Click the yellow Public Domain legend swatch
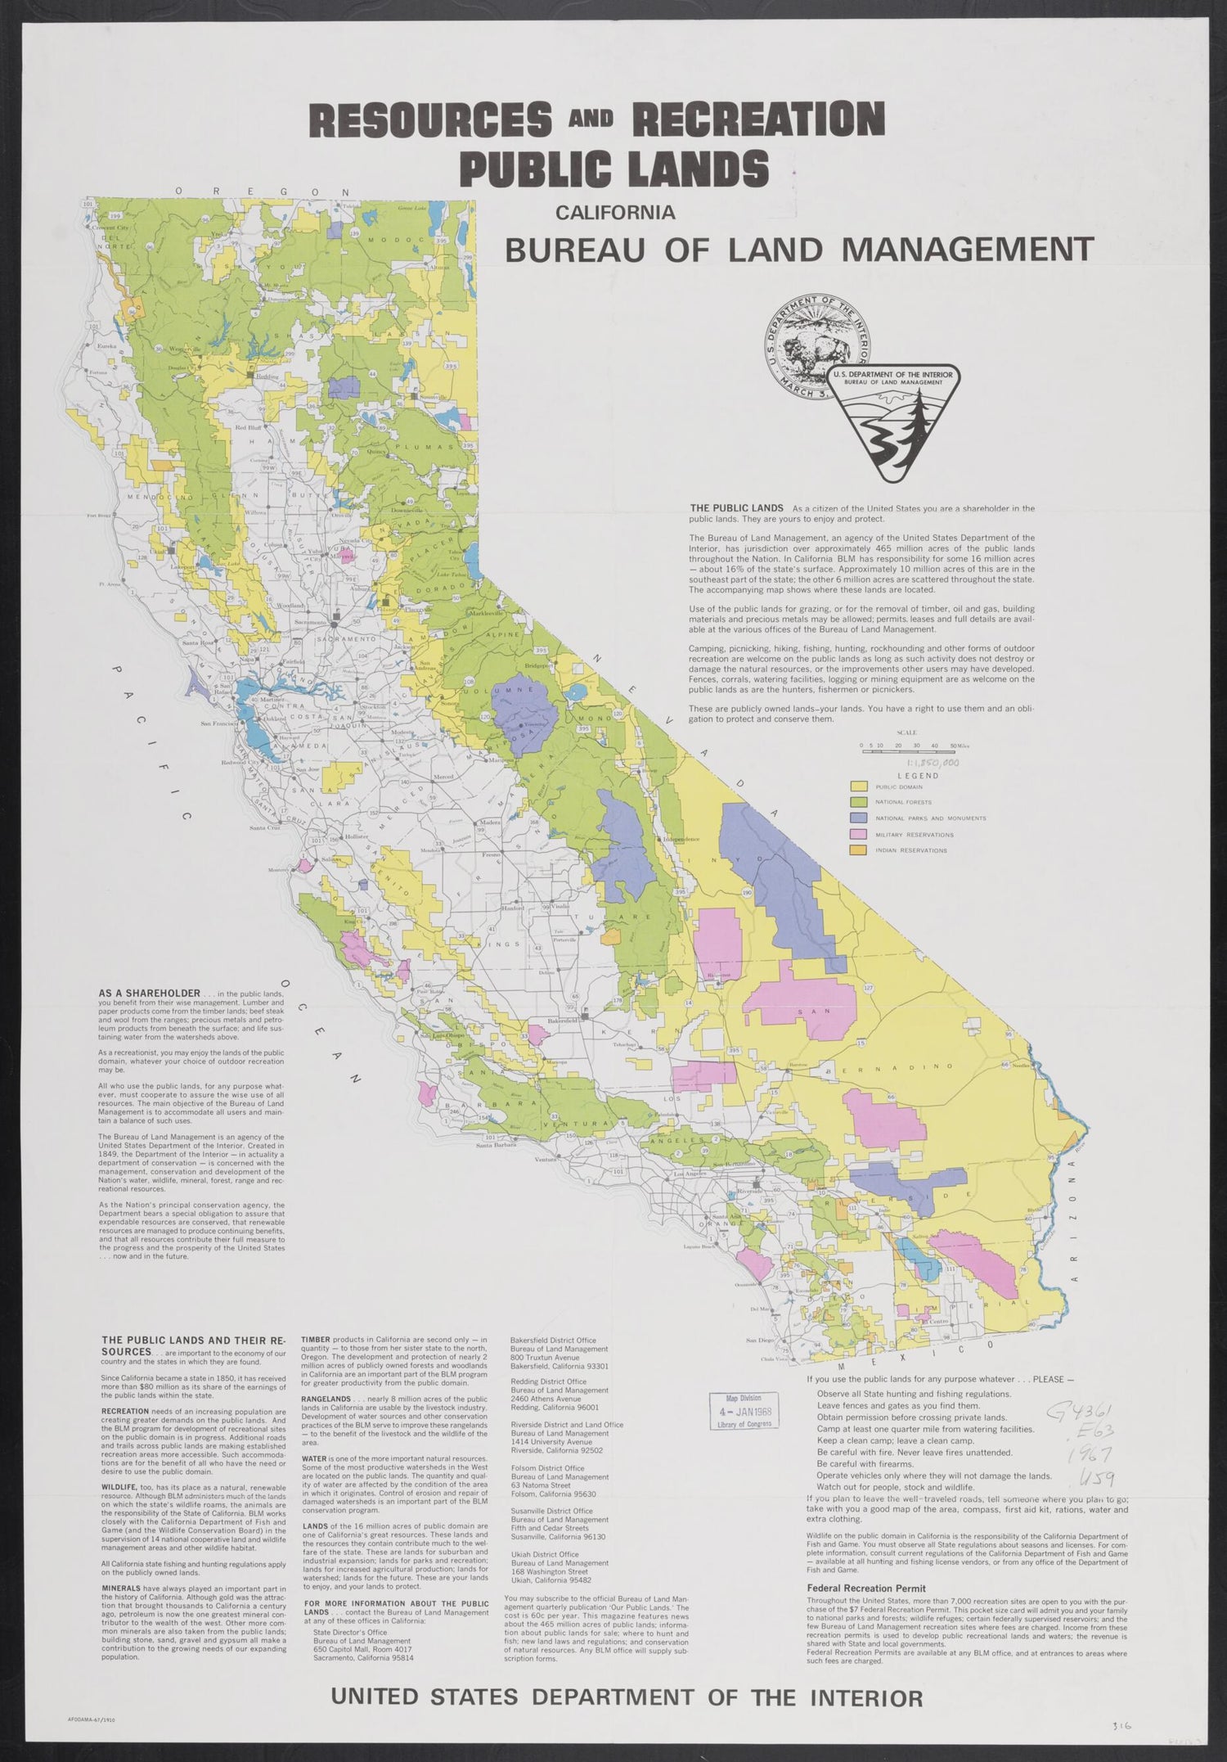pyautogui.click(x=860, y=786)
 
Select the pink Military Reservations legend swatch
pyautogui.click(x=860, y=834)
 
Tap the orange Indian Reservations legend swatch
pyautogui.click(x=860, y=850)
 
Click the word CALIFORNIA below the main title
pyautogui.click(x=615, y=214)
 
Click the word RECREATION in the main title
pyautogui.click(x=758, y=120)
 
